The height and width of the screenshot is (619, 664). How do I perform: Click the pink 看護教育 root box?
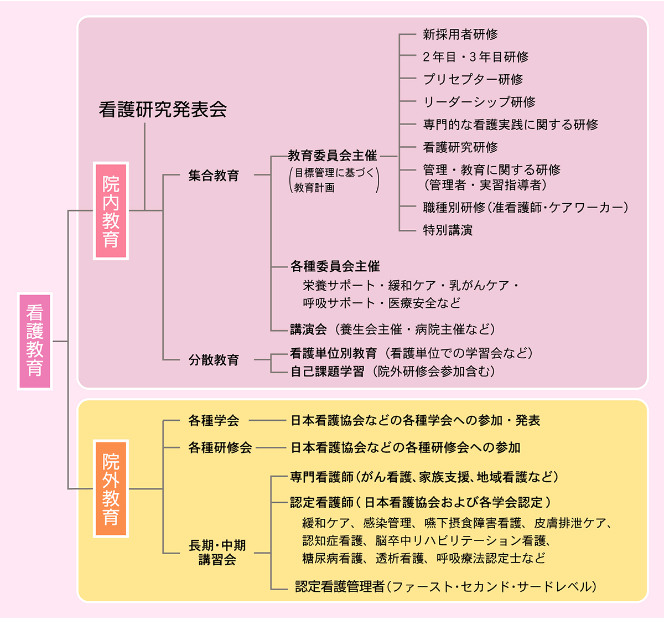pyautogui.click(x=35, y=341)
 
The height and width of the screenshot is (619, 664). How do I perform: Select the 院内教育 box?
pyautogui.click(x=111, y=211)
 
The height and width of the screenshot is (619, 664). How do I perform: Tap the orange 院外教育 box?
pyautogui.click(x=111, y=489)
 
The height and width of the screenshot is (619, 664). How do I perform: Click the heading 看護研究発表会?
pyautogui.click(x=163, y=110)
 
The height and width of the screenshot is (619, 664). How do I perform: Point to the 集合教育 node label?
pyautogui.click(x=214, y=176)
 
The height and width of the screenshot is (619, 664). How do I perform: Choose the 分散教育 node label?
pyautogui.click(x=214, y=360)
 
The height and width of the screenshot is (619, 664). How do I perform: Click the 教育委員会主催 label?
pyautogui.click(x=332, y=156)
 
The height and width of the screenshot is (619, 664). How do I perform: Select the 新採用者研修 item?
pyautogui.click(x=460, y=34)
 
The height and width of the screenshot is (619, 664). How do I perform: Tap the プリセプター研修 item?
pyautogui.click(x=473, y=79)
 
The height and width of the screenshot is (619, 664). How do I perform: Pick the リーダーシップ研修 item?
pyautogui.click(x=479, y=102)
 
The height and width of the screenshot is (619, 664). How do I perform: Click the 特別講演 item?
pyautogui.click(x=448, y=230)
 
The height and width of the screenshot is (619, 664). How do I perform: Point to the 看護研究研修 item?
pyautogui.click(x=460, y=147)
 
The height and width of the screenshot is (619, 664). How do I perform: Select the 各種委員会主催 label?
pyautogui.click(x=335, y=266)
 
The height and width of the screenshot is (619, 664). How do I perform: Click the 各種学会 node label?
pyautogui.click(x=214, y=421)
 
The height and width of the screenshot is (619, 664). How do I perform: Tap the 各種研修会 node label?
pyautogui.click(x=220, y=447)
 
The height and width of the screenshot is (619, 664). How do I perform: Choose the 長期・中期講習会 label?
pyautogui.click(x=217, y=553)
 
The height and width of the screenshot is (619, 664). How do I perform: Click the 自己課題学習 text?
pyautogui.click(x=328, y=372)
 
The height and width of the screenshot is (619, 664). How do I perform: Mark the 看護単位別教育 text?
pyautogui.click(x=333, y=353)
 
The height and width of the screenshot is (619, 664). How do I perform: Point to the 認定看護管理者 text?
pyautogui.click(x=340, y=586)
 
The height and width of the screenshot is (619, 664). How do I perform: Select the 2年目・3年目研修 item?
pyautogui.click(x=475, y=57)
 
